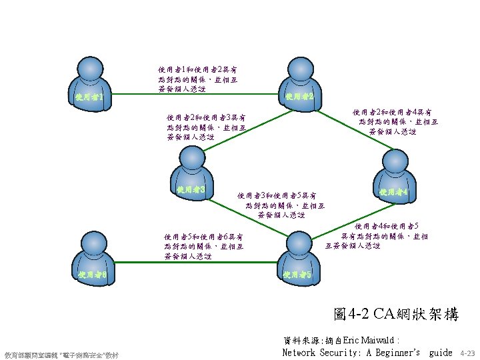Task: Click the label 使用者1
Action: (x=89, y=98)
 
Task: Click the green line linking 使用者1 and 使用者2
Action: (x=193, y=96)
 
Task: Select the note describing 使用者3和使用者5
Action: (x=281, y=205)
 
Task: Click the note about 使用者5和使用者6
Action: (x=203, y=246)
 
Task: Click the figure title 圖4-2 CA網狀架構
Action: (x=396, y=315)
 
